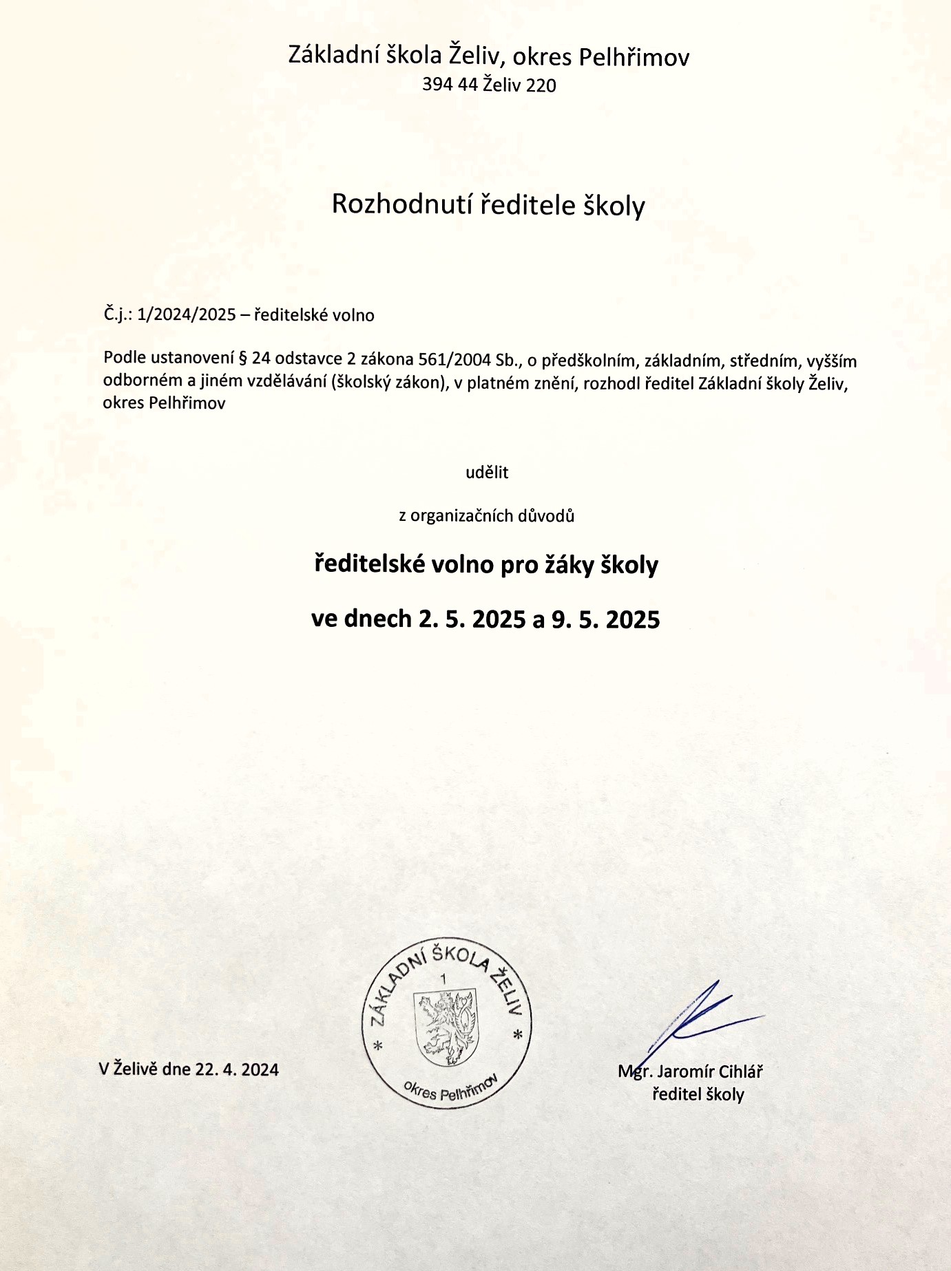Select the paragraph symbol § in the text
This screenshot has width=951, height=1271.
[242, 359]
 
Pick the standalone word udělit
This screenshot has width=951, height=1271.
[487, 473]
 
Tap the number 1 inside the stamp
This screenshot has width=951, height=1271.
[443, 979]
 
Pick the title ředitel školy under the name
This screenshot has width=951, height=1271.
[698, 1094]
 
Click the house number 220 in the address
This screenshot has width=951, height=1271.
[541, 85]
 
